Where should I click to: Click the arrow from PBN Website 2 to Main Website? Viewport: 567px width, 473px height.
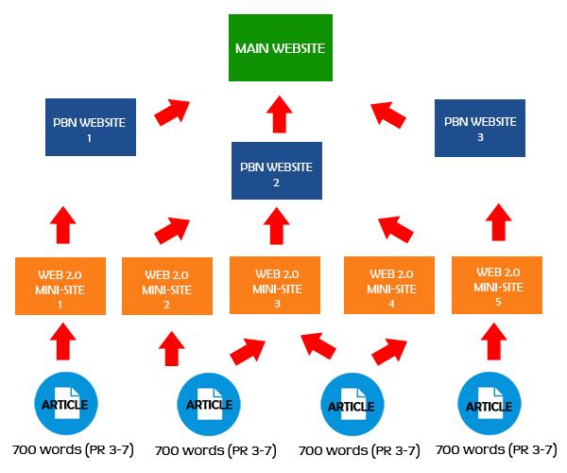[278, 114]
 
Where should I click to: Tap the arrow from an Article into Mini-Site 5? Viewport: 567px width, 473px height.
[492, 338]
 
